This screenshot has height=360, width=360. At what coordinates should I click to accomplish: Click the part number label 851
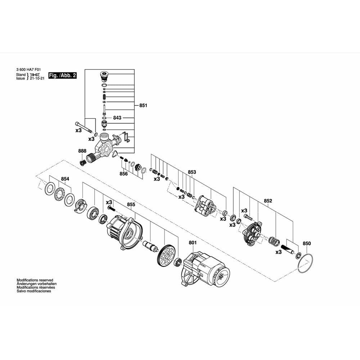pos(143,105)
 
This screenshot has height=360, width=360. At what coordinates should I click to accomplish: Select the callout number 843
pos(117,118)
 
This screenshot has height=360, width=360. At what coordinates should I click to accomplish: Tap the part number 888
pos(82,151)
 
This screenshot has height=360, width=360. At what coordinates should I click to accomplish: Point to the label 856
pos(123,174)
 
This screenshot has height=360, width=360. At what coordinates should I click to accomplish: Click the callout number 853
pos(192,172)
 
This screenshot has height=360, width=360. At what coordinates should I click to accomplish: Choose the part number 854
pos(65,179)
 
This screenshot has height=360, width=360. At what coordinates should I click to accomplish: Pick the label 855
pos(131,204)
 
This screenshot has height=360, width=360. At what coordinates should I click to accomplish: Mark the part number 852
pos(268,201)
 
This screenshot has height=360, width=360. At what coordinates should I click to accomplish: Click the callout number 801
pos(193,243)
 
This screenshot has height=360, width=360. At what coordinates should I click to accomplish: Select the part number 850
pos(307,243)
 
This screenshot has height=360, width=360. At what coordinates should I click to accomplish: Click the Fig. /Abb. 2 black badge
pos(62,75)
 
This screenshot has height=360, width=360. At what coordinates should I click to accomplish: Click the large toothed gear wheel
pos(166,255)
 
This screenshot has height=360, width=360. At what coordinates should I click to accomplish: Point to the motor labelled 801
pos(205,269)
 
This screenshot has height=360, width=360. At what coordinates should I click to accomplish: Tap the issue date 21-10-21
pos(37,78)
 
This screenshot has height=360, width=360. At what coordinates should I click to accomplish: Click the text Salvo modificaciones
pos(34,291)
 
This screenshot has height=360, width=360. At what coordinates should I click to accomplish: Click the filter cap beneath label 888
pos(82,163)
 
